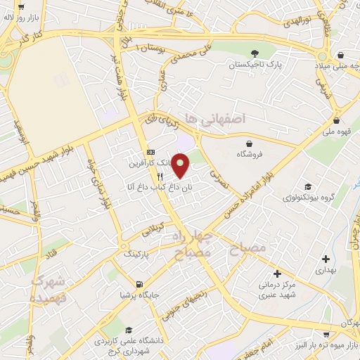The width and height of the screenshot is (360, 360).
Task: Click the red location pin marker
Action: (x=181, y=166)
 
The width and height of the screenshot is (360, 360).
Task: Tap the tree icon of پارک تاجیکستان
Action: (x=255, y=53)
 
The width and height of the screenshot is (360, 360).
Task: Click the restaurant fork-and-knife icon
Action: (x=162, y=176)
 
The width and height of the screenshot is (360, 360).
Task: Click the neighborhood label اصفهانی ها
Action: (x=210, y=117)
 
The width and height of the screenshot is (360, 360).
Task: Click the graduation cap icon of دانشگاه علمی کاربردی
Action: (x=129, y=330)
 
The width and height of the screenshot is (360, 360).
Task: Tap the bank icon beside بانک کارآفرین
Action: (x=150, y=152)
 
